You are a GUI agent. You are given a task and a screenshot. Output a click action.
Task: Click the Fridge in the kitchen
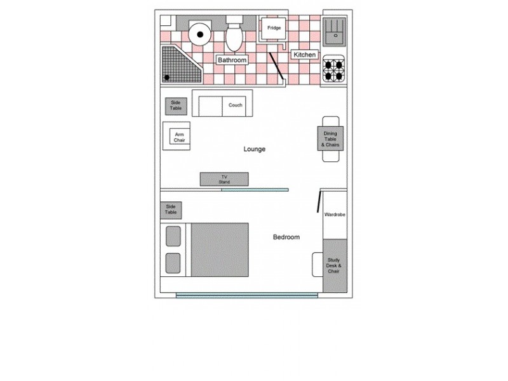coord(274,29)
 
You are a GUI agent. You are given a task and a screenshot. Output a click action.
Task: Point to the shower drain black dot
coord(168,77)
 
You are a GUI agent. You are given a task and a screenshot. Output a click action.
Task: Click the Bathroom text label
coord(232,60)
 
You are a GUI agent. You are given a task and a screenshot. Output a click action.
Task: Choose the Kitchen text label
coord(304,55)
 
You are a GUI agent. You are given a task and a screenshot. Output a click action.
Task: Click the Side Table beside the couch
coord(176,106)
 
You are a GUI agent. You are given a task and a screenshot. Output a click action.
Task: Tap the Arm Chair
coord(179,137)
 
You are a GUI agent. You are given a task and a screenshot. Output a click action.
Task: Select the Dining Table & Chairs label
coord(331,140)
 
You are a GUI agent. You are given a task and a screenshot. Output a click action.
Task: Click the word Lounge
coord(254,149)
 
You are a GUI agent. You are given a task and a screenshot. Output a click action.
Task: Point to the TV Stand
coord(224,179)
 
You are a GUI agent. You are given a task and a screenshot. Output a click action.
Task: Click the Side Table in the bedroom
coord(171,210)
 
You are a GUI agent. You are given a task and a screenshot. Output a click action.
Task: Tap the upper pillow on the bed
coord(174,236)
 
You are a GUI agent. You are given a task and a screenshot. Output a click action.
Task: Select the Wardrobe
coord(335,215)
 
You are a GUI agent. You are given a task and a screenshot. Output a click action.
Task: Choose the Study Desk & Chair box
coord(334,265)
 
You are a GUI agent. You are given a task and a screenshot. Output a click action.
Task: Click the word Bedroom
coord(286,237)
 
